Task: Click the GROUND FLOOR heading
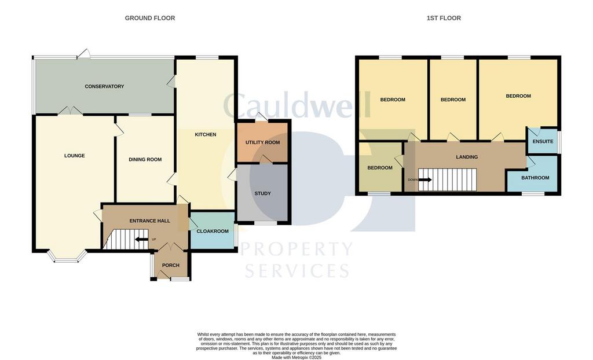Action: [x=150, y=18]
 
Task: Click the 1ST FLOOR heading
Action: [x=444, y=18]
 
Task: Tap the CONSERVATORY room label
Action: [x=104, y=86]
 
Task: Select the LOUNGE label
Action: [x=75, y=156]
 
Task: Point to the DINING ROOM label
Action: [x=145, y=159]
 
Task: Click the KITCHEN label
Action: [x=206, y=134]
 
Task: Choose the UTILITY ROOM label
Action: [x=263, y=142]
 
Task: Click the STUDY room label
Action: [x=262, y=193]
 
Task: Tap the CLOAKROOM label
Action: [x=213, y=231]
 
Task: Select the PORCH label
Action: [x=171, y=265]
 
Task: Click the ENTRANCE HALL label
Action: [x=150, y=221]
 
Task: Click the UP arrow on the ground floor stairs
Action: [x=142, y=239]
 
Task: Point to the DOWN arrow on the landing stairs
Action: [x=424, y=179]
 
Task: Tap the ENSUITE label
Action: [x=543, y=141]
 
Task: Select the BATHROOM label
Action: [x=535, y=177]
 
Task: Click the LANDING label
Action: [x=467, y=156]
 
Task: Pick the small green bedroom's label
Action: [x=380, y=167]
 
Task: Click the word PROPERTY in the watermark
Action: [x=296, y=249]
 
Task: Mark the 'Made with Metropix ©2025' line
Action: [x=296, y=357]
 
